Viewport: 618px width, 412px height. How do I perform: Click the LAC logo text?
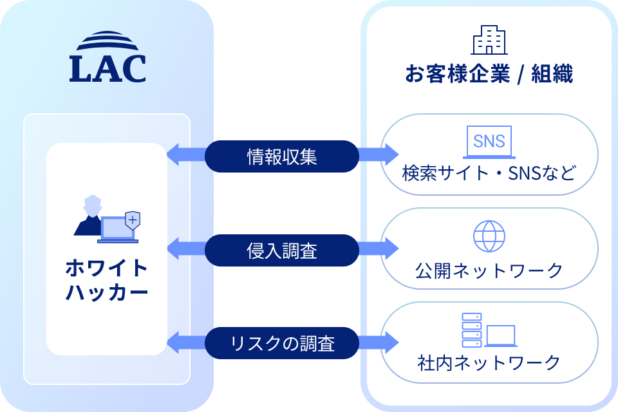click(x=108, y=69)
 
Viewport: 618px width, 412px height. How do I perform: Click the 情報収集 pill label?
click(x=282, y=156)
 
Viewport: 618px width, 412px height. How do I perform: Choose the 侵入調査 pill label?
click(x=282, y=250)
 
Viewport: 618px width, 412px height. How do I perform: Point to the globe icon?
click(x=489, y=236)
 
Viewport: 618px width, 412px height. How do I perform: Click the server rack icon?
click(x=471, y=330)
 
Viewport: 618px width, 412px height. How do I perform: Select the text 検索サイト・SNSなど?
click(x=489, y=173)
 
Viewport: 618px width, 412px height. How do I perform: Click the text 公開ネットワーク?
click(x=489, y=270)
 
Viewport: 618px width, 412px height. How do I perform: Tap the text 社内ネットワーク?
click(x=489, y=363)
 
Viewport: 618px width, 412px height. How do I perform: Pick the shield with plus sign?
click(x=132, y=221)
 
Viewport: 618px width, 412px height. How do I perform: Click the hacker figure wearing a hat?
click(x=90, y=216)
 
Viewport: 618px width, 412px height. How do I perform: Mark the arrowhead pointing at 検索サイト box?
click(x=391, y=154)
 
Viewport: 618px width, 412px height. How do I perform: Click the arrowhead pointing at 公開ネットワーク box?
click(x=391, y=248)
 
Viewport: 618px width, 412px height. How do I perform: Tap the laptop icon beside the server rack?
click(x=501, y=336)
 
